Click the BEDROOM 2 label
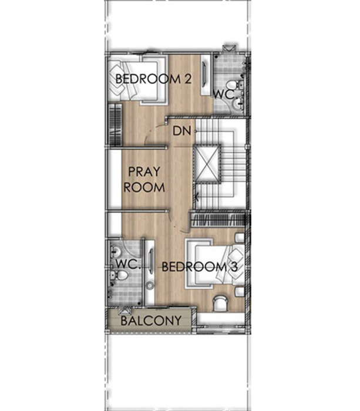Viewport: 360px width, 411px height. pos(153,79)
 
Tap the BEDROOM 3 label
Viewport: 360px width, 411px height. pos(200,267)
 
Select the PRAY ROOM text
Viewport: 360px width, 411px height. pos(144,180)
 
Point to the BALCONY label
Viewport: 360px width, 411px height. pos(151,321)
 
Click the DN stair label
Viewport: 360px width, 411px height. pos(181,131)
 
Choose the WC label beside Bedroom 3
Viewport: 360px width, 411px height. pos(127,264)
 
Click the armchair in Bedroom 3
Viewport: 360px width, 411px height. pos(220,304)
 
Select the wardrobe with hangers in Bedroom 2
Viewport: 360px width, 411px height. pos(115,124)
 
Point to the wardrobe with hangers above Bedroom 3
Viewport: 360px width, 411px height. pos(218,220)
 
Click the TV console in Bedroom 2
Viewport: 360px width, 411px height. pos(205,75)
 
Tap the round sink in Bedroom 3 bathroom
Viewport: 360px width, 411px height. pos(115,252)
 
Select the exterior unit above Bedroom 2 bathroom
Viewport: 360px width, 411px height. pos(230,49)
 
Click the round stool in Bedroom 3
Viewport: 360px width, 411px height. pos(150,285)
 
